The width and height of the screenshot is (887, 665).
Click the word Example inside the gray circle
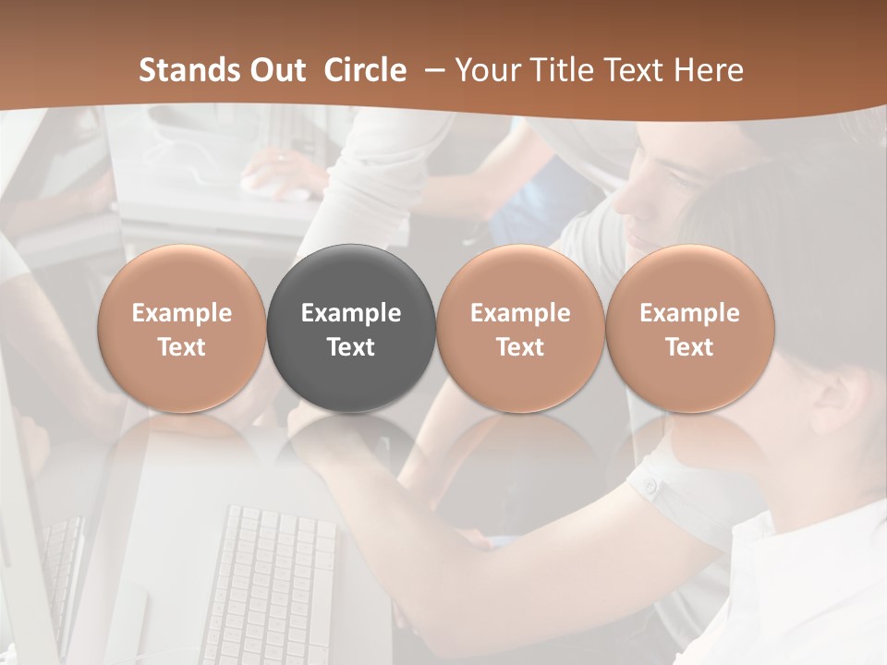351,313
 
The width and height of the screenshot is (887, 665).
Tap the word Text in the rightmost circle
690,347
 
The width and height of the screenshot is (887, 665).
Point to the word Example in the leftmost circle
182,313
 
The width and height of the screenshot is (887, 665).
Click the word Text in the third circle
520,347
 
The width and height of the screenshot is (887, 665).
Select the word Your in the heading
483,70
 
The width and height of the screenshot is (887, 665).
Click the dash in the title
431,70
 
